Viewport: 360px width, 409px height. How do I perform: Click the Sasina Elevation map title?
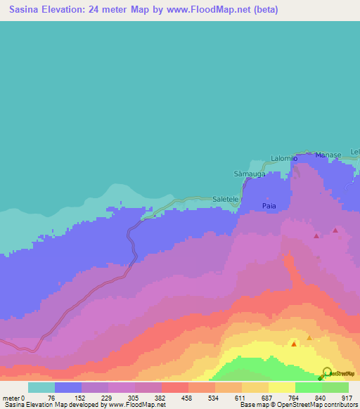(x=139, y=10)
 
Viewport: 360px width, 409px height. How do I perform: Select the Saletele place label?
(x=226, y=200)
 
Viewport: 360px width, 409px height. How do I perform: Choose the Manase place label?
(x=328, y=155)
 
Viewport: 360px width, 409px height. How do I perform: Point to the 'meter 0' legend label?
(x=14, y=397)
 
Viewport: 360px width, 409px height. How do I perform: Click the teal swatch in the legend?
(x=41, y=387)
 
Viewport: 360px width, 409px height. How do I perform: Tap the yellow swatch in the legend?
(x=282, y=387)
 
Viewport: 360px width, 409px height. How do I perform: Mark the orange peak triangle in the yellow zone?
(x=309, y=339)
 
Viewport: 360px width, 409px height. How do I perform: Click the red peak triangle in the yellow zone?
(x=294, y=344)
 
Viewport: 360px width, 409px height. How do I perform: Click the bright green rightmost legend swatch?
(x=335, y=387)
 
